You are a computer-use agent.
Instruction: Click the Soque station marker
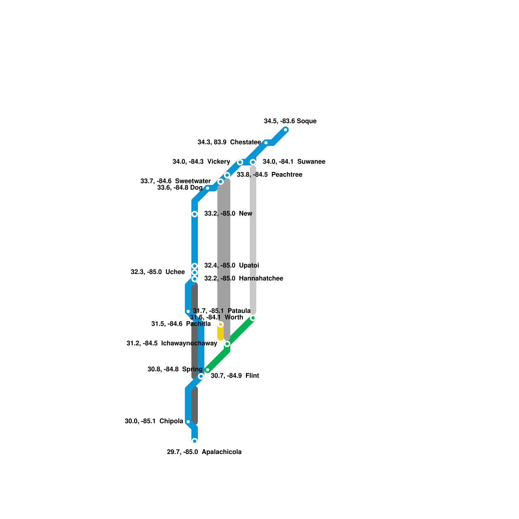(x=285, y=130)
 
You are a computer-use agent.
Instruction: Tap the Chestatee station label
(x=229, y=142)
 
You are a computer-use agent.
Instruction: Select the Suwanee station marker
(x=253, y=162)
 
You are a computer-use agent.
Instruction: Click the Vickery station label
(x=201, y=162)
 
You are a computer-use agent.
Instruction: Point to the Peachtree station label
(x=269, y=175)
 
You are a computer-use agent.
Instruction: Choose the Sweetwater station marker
(x=221, y=182)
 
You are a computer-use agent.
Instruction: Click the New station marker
(x=195, y=214)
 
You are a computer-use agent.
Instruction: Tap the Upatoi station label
(x=231, y=266)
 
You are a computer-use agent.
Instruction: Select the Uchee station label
(x=158, y=272)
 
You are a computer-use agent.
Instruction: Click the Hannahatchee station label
(x=243, y=279)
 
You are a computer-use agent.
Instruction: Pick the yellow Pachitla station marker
(x=221, y=324)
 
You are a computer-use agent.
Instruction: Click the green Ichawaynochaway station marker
(x=227, y=344)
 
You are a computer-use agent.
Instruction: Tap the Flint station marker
(x=201, y=376)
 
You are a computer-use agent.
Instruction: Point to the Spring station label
(x=175, y=369)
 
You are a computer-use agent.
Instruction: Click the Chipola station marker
(x=188, y=422)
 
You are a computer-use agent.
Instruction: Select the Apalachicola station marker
(x=195, y=441)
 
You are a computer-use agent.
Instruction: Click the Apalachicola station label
(x=204, y=452)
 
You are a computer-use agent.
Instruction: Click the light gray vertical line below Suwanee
(x=253, y=240)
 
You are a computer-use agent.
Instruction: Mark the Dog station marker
(x=208, y=188)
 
